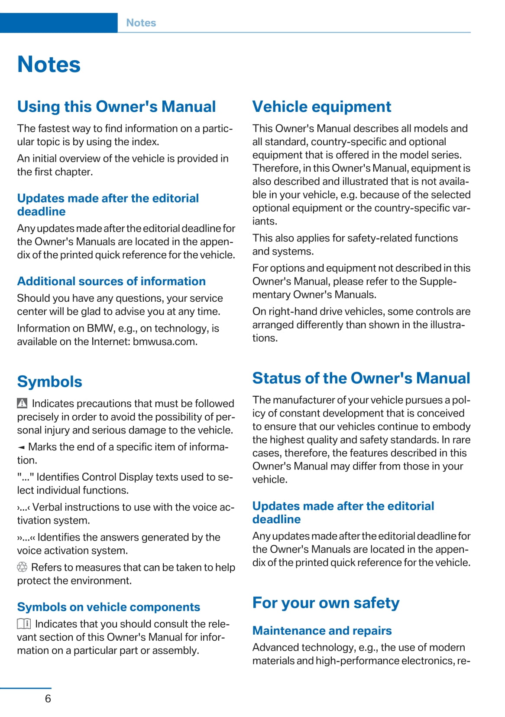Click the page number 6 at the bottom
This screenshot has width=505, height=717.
pyautogui.click(x=48, y=698)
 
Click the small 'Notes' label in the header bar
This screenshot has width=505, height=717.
pyautogui.click(x=141, y=23)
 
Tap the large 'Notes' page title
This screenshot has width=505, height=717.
pyautogui.click(x=49, y=65)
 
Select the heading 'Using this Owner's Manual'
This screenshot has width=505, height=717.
pyautogui.click(x=117, y=107)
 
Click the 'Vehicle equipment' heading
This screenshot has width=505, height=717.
pyautogui.click(x=321, y=107)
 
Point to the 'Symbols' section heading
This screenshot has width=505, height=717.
pyautogui.click(x=49, y=381)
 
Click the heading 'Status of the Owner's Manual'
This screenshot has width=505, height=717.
pyautogui.click(x=361, y=378)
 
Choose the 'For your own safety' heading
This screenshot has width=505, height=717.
pyautogui.click(x=326, y=603)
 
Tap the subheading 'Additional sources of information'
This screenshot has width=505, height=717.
pyautogui.click(x=111, y=281)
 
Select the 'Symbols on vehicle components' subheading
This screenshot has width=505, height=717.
pyautogui.click(x=109, y=607)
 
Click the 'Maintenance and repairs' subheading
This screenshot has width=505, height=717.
pyautogui.click(x=322, y=630)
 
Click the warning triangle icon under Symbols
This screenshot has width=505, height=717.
pyautogui.click(x=22, y=403)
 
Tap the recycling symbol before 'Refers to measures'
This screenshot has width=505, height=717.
pyautogui.click(x=22, y=567)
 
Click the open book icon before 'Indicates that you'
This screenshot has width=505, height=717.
pyautogui.click(x=24, y=624)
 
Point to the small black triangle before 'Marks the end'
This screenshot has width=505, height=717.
pyautogui.click(x=21, y=447)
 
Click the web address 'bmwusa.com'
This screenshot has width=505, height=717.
pyautogui.click(x=165, y=342)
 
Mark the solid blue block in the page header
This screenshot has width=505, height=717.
pyautogui.click(x=58, y=23)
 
